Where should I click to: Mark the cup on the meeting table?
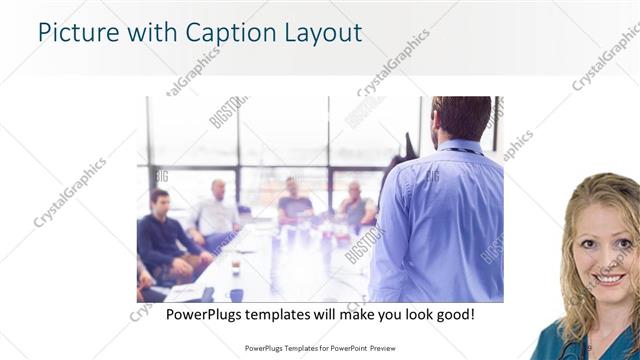click(236, 266)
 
